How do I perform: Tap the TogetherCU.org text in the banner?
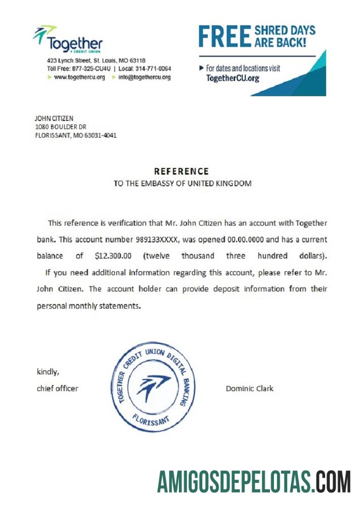click(233, 78)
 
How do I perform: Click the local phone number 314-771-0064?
click(153, 68)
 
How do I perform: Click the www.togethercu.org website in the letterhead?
click(79, 77)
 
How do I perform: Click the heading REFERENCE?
click(181, 172)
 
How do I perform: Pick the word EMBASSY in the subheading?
click(156, 184)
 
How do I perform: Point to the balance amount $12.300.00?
click(113, 256)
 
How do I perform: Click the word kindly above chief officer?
click(48, 372)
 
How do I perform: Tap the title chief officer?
click(58, 389)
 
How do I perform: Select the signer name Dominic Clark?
click(249, 389)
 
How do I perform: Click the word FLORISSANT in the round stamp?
click(151, 419)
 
